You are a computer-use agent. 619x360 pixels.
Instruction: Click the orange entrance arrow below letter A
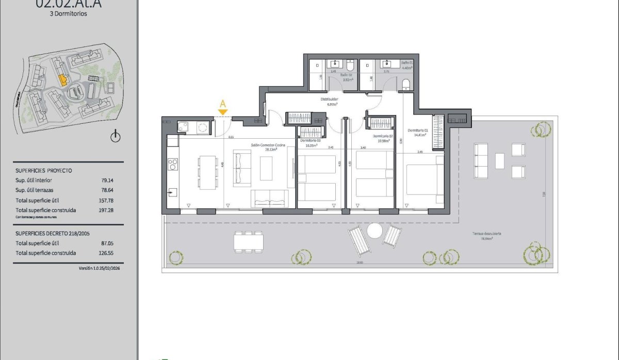coord(223,112)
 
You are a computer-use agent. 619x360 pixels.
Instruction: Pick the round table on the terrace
coord(374,230)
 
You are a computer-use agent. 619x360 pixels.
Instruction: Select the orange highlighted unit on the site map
coord(62,79)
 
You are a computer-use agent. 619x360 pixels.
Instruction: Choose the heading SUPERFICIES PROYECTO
coord(44,170)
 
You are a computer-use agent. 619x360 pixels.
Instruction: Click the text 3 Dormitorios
coord(69,14)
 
